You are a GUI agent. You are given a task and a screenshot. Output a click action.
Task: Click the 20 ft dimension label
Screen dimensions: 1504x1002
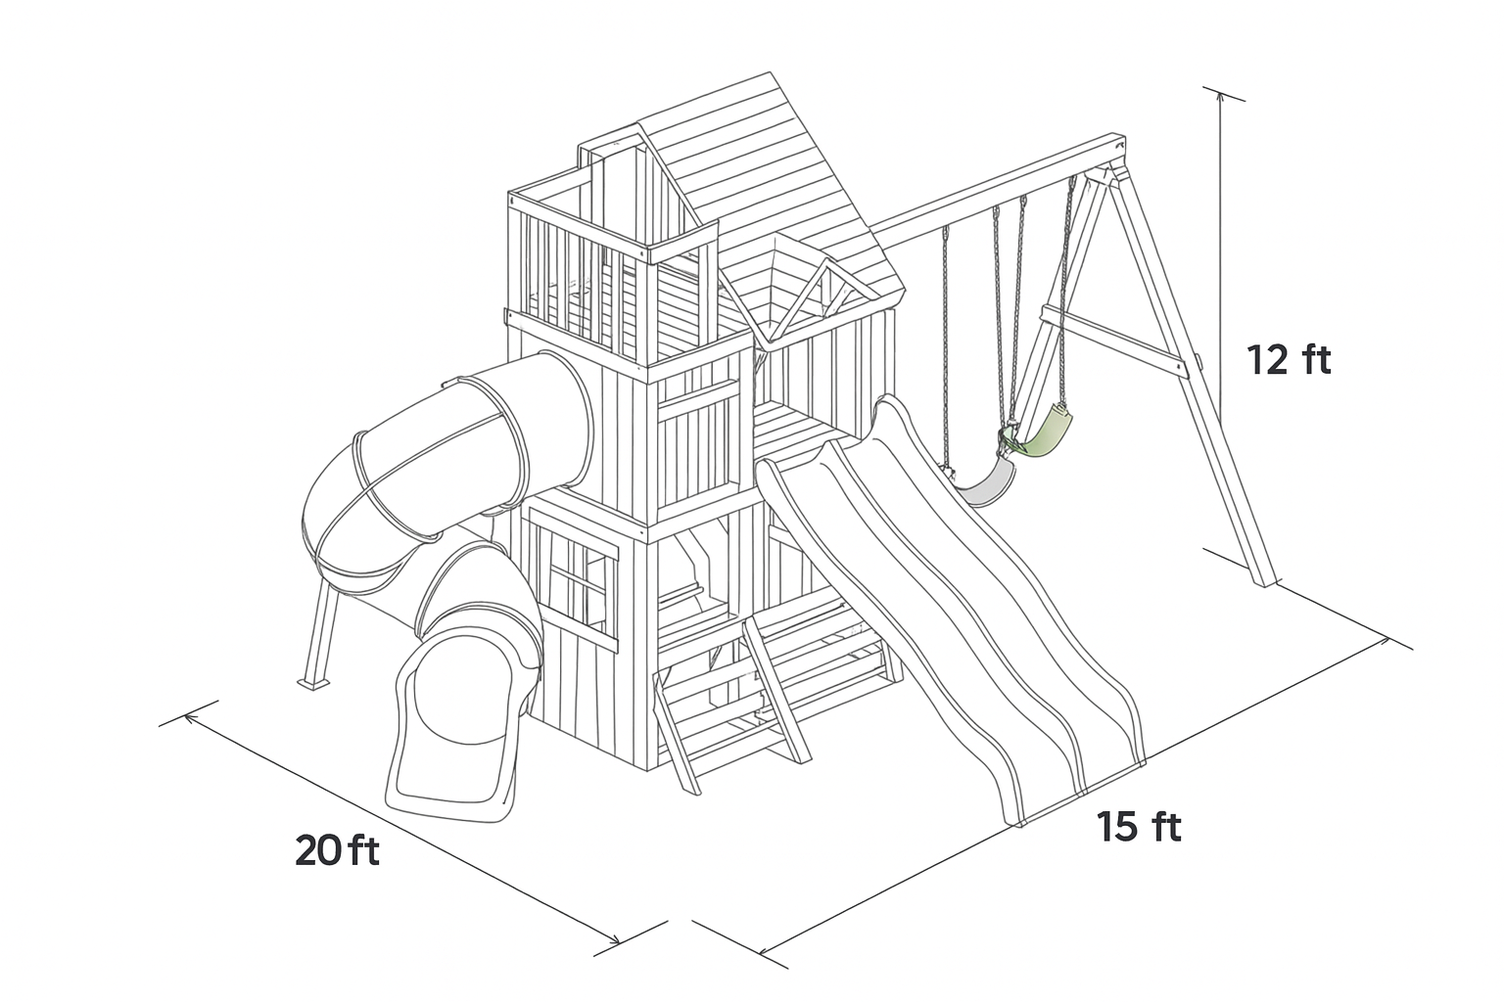pos(337,851)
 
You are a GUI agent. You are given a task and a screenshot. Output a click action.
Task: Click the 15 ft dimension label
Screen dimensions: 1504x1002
pos(1139,826)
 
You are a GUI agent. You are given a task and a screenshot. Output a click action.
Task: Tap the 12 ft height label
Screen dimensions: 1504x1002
pos(1289,359)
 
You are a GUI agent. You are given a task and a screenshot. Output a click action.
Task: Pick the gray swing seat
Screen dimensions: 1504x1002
pos(986,484)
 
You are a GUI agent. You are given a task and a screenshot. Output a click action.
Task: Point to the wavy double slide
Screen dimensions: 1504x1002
pos(954,604)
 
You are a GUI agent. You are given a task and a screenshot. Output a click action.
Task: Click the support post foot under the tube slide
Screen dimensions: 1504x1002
pos(314,683)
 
